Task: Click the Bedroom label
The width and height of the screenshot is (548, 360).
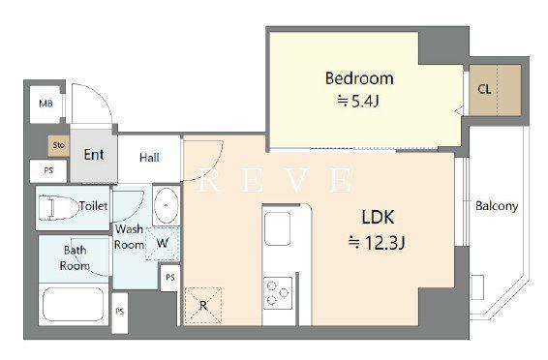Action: (x=359, y=78)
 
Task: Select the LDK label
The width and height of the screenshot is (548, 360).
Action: (x=378, y=217)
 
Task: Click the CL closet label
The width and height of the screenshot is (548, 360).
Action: (x=484, y=89)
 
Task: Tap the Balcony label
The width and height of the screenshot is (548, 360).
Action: (x=497, y=206)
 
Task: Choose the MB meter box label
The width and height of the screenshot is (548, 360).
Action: (x=46, y=104)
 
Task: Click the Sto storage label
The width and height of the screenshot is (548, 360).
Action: (x=59, y=145)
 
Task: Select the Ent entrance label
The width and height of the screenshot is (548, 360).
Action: (x=94, y=155)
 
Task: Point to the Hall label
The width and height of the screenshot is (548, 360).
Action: (x=149, y=158)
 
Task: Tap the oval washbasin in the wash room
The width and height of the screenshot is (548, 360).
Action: (x=167, y=206)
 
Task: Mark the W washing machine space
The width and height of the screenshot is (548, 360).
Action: (x=163, y=243)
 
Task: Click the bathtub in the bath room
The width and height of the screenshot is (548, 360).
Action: (x=74, y=304)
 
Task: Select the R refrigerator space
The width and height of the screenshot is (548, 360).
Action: (x=203, y=306)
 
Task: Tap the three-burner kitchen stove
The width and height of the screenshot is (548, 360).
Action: (x=278, y=293)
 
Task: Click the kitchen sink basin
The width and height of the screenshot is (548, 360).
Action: (x=277, y=228)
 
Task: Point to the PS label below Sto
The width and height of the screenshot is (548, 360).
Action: (x=48, y=170)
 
